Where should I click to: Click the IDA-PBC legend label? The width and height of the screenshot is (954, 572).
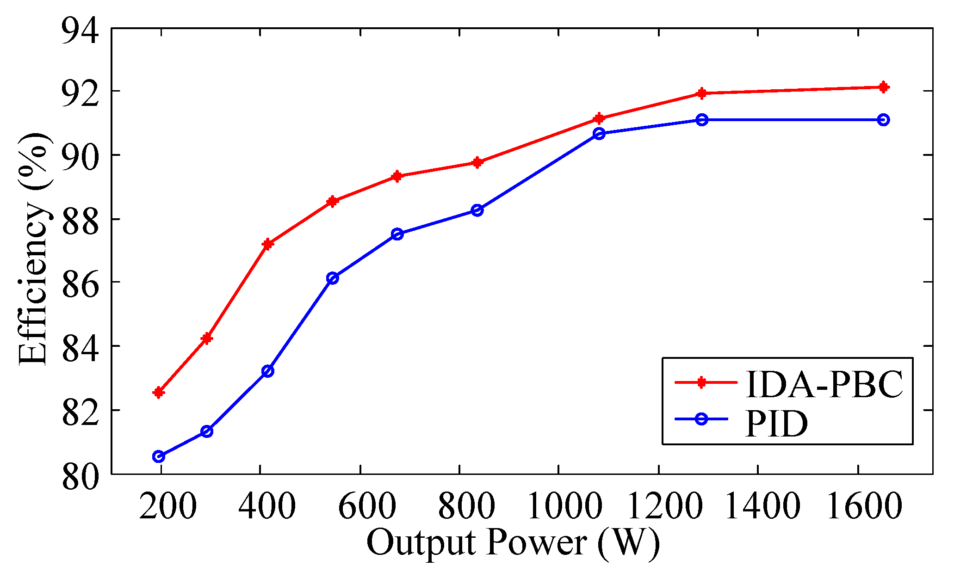(824, 384)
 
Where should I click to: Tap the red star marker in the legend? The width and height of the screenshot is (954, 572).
(701, 382)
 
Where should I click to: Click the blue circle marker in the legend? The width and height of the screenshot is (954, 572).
(701, 419)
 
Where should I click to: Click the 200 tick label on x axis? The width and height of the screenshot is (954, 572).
(167, 506)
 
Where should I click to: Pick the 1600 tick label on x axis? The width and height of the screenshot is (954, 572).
(863, 506)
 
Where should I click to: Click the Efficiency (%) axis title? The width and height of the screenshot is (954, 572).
(33, 250)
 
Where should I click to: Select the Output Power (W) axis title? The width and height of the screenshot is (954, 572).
(513, 543)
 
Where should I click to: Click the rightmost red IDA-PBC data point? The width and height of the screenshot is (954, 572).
(883, 87)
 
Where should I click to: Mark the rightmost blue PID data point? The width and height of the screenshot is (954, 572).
(883, 120)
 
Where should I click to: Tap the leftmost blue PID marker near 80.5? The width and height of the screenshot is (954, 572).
(158, 456)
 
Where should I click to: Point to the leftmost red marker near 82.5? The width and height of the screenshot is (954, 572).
(158, 393)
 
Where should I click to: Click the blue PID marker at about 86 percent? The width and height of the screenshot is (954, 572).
(332, 278)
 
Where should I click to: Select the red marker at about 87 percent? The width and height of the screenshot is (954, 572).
(267, 244)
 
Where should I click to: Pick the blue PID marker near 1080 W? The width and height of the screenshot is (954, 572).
(599, 134)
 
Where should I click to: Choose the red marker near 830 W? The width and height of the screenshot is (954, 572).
(477, 162)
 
